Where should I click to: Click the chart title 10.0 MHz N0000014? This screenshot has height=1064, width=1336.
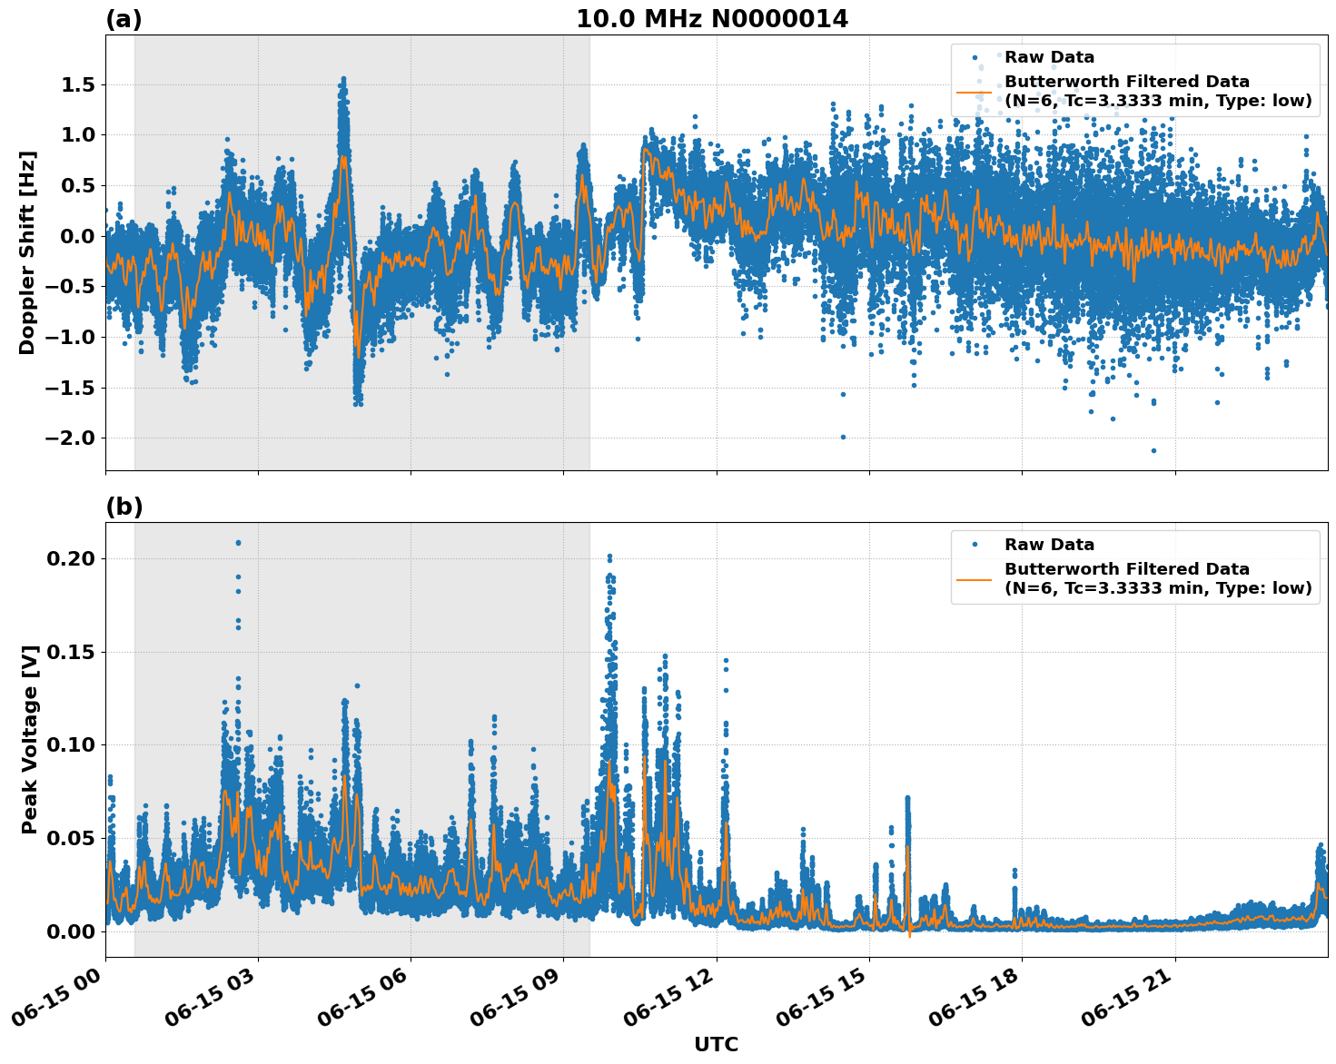pos(711,19)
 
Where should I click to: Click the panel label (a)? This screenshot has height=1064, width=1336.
pos(124,19)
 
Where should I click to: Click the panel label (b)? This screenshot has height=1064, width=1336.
pos(124,507)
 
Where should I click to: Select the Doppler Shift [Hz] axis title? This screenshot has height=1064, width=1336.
pos(27,252)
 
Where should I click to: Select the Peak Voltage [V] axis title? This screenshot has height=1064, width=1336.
pos(30,740)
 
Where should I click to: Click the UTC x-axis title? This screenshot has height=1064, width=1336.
pos(716,1044)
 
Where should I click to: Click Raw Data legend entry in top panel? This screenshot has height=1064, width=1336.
pos(1049,57)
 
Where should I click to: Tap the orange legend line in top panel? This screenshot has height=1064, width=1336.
pos(975,92)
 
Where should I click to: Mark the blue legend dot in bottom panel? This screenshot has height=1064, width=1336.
pos(975,545)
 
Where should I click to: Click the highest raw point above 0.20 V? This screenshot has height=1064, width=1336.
pos(238,543)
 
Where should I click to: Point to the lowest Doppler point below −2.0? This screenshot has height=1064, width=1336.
pos(1153,450)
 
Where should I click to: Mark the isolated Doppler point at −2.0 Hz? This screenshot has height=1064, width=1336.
pos(843,437)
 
